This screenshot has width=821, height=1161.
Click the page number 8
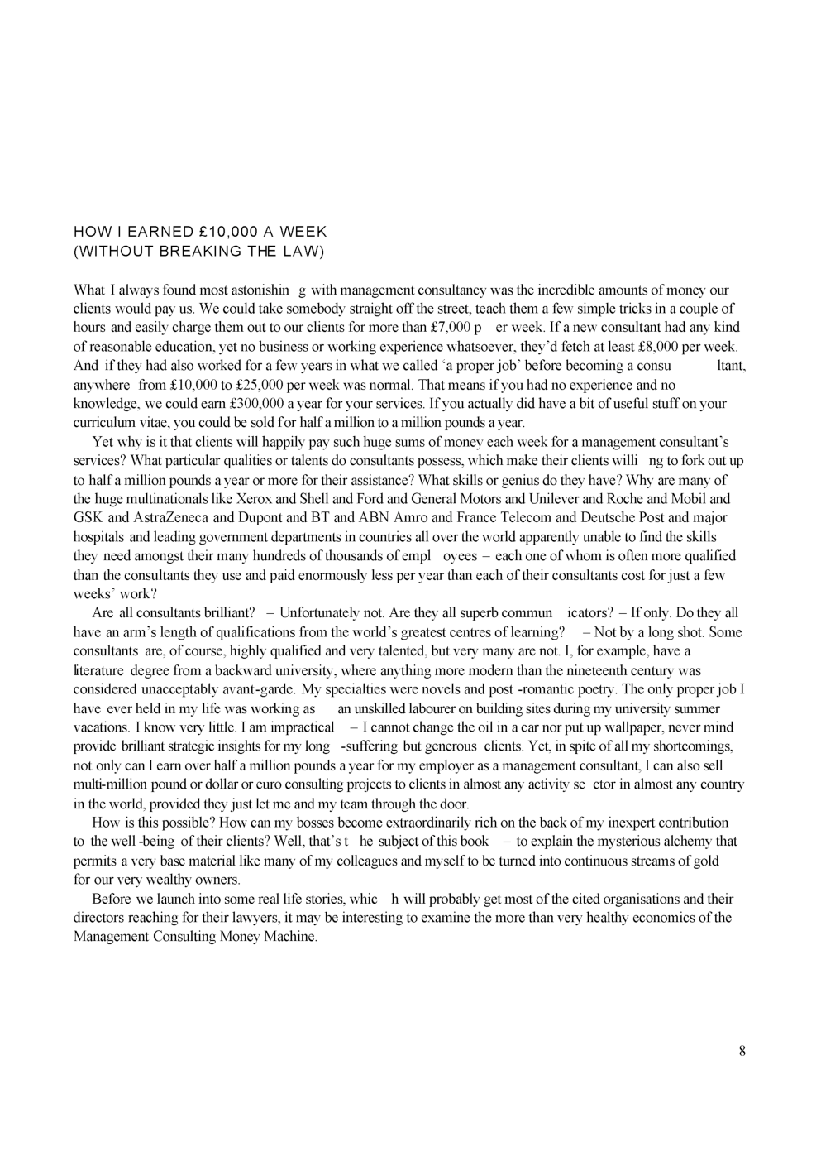tap(742, 1051)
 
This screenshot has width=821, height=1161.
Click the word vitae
tap(155, 423)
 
